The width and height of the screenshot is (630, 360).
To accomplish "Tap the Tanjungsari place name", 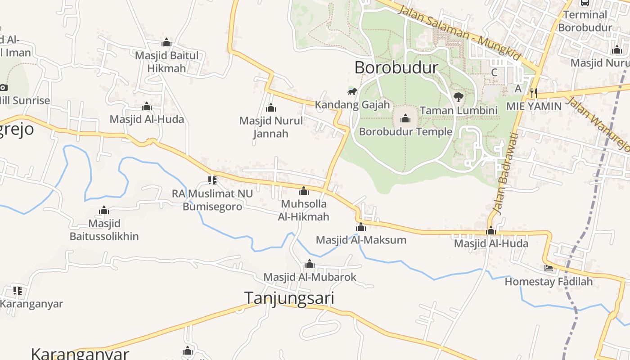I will click(x=289, y=298).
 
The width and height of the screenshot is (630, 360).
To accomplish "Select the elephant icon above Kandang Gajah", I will click(x=352, y=92).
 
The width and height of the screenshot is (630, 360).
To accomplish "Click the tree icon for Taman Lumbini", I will click(x=458, y=97).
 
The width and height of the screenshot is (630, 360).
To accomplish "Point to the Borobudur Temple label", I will click(x=405, y=132).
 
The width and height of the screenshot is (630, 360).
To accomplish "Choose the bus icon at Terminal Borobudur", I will click(x=585, y=3).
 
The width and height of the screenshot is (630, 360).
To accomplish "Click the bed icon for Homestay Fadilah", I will click(x=549, y=268).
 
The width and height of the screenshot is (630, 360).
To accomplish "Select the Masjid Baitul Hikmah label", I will click(x=166, y=62).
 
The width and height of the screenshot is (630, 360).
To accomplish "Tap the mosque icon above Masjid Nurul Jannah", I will click(x=271, y=108).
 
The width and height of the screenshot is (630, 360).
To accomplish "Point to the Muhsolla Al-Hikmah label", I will click(x=304, y=210).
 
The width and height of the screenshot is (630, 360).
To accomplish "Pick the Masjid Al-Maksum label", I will click(x=361, y=240).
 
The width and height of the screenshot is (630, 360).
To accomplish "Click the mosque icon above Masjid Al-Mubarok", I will click(x=310, y=264).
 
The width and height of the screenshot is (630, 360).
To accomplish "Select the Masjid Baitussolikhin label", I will click(x=104, y=230).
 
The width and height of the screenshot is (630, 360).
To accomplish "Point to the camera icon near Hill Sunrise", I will click(x=4, y=87).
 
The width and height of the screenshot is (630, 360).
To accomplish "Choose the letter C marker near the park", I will click(x=494, y=72).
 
